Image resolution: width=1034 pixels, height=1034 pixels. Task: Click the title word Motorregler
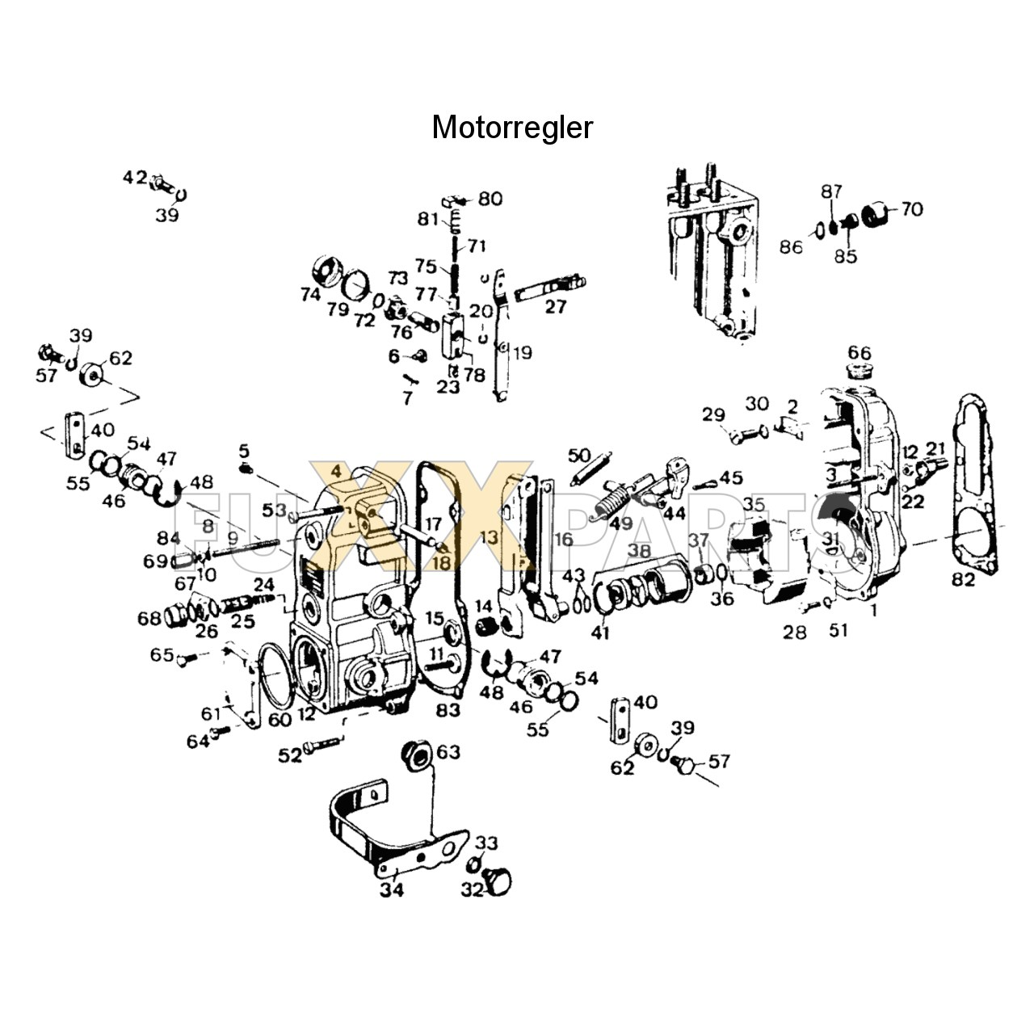(512, 128)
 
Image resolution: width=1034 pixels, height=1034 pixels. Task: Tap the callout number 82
(963, 579)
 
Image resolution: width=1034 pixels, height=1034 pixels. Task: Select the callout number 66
(860, 353)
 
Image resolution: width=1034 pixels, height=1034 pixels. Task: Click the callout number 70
(911, 209)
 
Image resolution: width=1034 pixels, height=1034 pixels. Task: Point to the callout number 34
(392, 890)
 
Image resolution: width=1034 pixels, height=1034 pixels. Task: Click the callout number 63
(448, 752)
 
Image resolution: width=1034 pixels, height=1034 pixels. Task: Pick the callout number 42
(135, 177)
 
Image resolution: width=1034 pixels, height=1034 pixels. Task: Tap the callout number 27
(556, 306)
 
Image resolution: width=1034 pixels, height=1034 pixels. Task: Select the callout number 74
(310, 295)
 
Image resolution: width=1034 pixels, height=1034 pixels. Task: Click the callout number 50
(580, 456)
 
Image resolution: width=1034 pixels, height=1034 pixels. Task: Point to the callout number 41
(599, 633)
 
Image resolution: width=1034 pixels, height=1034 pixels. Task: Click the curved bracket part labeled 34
(355, 816)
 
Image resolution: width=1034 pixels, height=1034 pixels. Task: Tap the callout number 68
(149, 619)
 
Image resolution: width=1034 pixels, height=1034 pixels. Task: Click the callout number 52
(289, 754)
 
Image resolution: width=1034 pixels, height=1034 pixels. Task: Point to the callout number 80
(490, 199)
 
